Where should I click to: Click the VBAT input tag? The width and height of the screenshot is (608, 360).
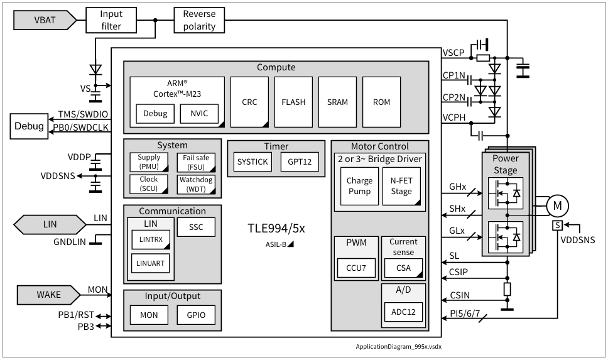point(44,21)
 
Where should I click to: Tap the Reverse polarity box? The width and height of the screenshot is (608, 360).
point(199,20)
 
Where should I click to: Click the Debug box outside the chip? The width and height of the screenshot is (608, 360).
point(30,126)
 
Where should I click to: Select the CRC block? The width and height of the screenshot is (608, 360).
point(249,102)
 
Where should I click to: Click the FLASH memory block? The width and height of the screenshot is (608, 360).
point(293,102)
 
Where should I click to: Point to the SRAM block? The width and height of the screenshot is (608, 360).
point(337,102)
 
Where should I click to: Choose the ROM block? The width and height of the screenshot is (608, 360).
point(381,102)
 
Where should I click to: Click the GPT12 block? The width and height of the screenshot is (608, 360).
point(299,162)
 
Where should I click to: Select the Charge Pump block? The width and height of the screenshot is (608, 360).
point(359,186)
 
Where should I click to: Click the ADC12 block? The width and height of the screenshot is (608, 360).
point(404,312)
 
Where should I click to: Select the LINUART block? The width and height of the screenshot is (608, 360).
point(149,263)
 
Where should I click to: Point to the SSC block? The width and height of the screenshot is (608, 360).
point(196,227)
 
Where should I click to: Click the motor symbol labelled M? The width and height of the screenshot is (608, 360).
point(556,205)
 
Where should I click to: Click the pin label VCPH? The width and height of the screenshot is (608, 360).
point(454,117)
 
